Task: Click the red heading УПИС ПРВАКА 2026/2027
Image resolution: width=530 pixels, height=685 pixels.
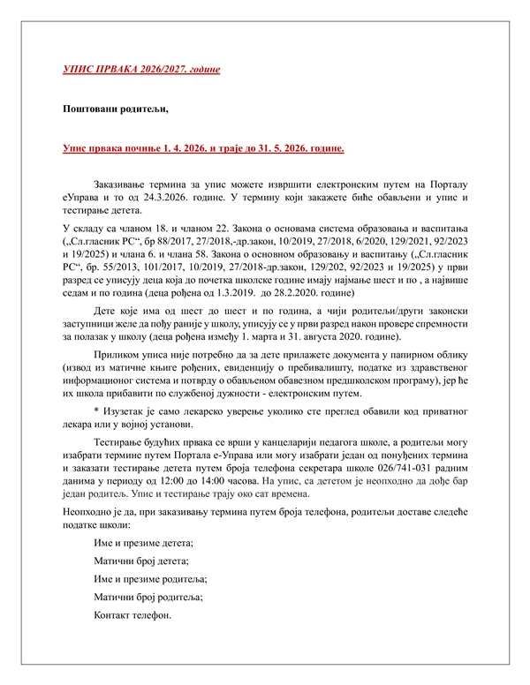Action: tap(140, 68)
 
